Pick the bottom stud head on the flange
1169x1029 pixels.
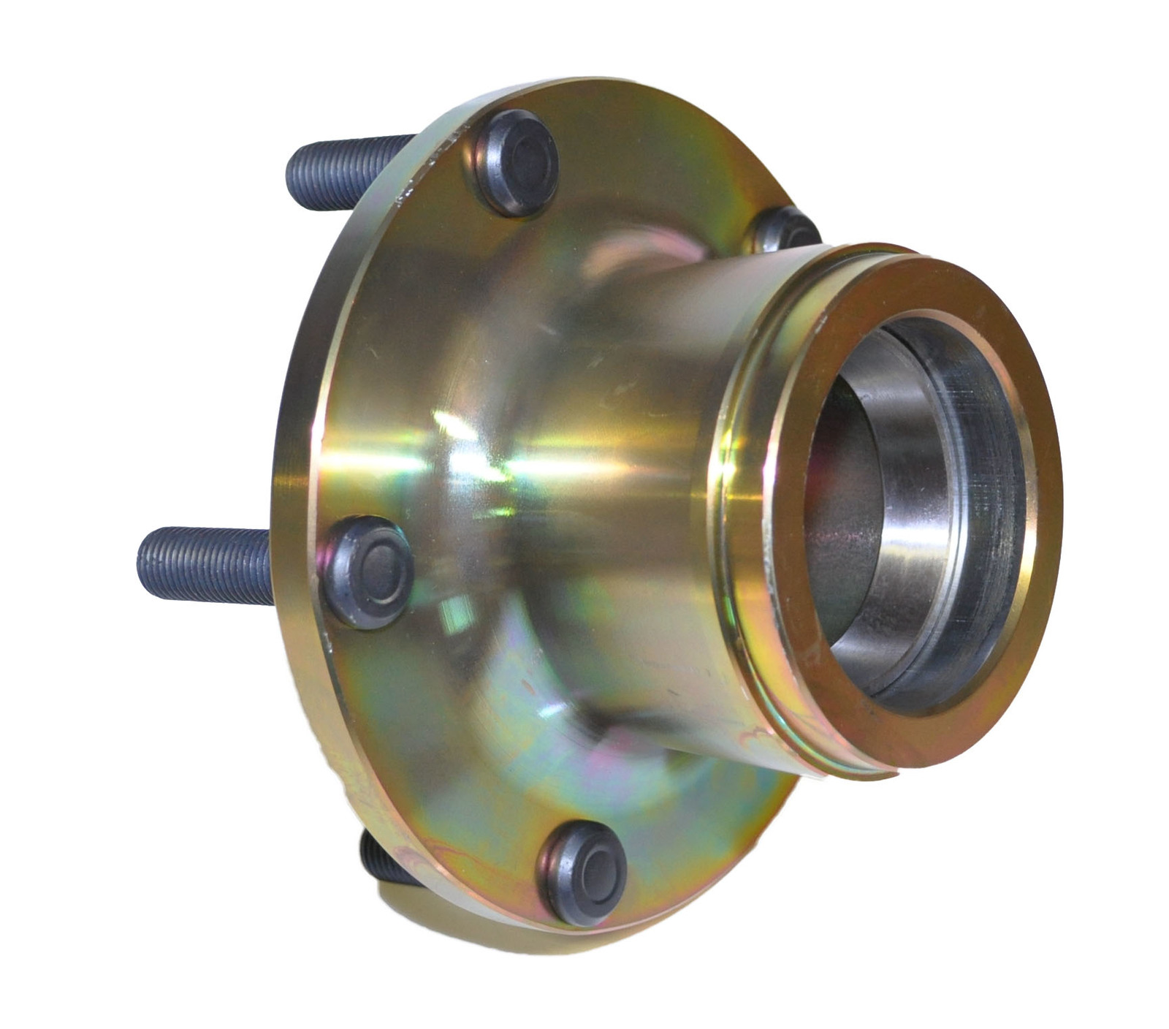[x=583, y=873]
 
